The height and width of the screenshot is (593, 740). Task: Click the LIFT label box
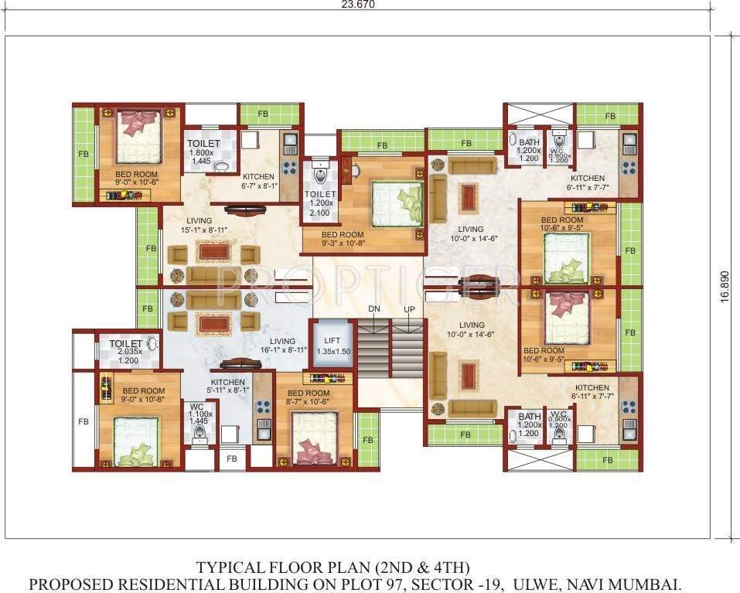click(x=332, y=346)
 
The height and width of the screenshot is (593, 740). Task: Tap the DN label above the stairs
click(x=373, y=308)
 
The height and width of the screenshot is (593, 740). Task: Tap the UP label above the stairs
click(x=409, y=308)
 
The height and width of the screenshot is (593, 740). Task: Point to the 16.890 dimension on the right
click(x=724, y=288)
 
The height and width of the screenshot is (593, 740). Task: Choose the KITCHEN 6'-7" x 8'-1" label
click(x=258, y=181)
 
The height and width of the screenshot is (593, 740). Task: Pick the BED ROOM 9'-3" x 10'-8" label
click(x=342, y=239)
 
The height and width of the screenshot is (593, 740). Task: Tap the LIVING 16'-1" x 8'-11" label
click(x=282, y=346)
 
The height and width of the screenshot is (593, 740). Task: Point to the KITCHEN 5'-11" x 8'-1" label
click(x=228, y=387)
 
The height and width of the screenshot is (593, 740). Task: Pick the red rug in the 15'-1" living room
click(x=213, y=252)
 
